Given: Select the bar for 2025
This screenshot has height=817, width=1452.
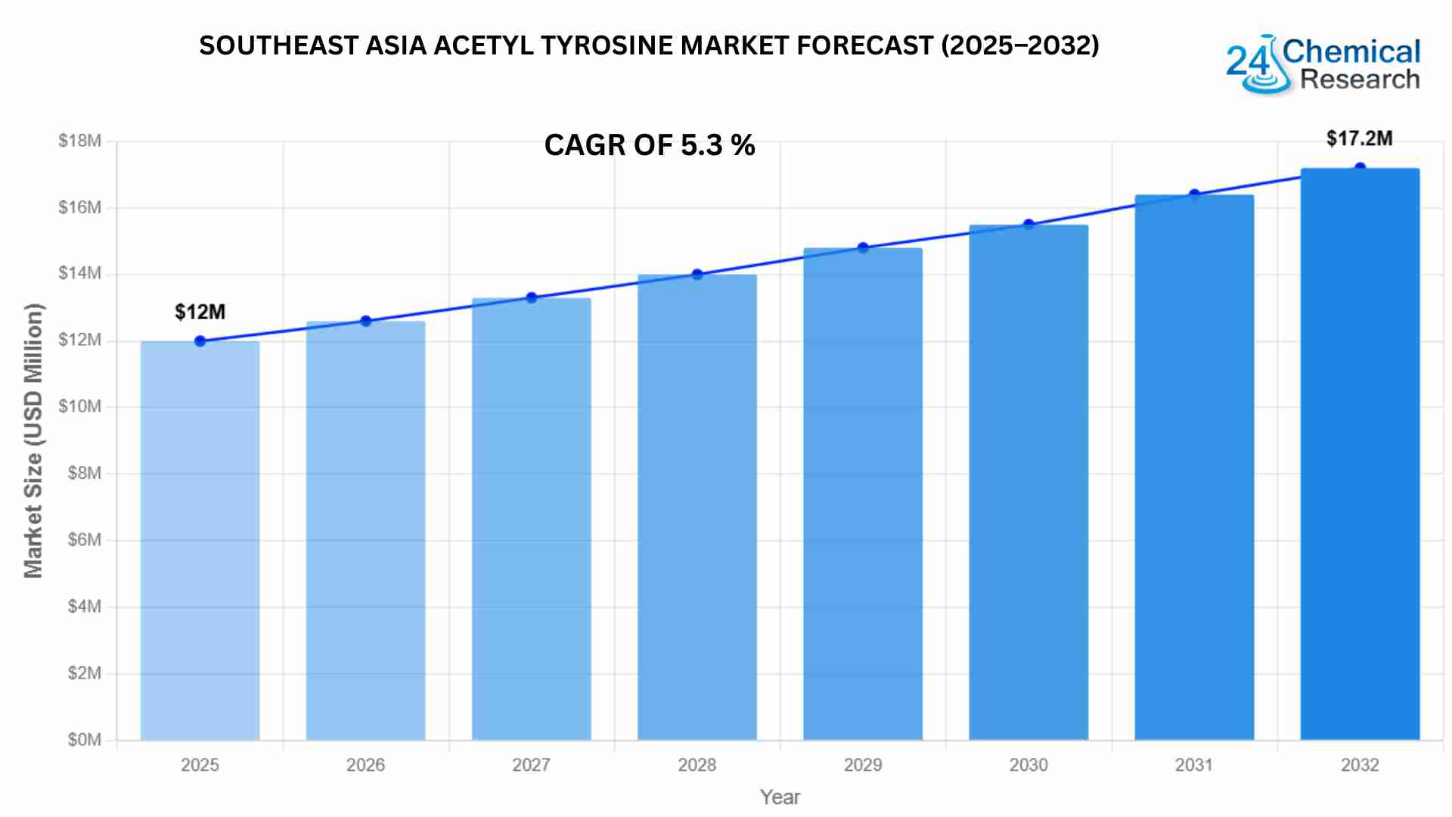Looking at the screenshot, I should coord(200,540).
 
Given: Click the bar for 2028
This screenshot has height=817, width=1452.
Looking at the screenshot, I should coord(697,507).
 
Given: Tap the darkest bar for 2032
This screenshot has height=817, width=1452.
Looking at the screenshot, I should coord(1360,454).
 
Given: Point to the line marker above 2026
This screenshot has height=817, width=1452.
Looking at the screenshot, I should coord(366,321).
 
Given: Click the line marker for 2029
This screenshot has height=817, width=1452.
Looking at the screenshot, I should coord(863,248).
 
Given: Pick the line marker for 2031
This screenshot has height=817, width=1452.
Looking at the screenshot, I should coord(1194,195).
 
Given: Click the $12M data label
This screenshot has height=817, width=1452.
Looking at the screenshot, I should coord(200,312).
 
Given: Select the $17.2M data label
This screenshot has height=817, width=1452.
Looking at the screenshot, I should coord(1359,138).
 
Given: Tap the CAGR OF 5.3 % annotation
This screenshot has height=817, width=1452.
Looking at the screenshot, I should coord(649,144).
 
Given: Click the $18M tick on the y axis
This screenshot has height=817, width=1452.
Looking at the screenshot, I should coord(79,141).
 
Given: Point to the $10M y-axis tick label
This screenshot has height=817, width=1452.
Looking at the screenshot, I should coord(79,407).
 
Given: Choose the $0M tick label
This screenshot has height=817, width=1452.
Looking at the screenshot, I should coord(84,740).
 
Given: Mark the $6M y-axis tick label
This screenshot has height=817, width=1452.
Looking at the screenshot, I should coord(84,540).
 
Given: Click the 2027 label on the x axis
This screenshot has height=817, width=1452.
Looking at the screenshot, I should coord(531,766).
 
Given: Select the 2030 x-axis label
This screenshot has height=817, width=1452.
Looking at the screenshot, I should coord(1028,766).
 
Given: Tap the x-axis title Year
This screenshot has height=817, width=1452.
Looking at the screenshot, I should coord(780,797).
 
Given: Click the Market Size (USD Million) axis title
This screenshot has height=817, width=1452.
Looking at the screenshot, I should coord(33,440).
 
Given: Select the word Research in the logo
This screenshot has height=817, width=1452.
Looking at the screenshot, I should coord(1360,79).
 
